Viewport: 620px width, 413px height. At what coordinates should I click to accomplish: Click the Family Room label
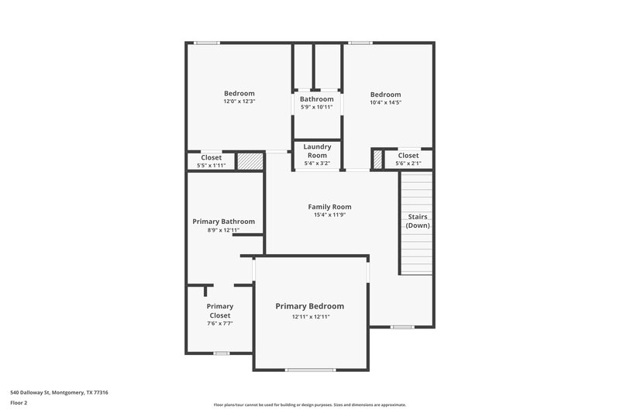pos(329,207)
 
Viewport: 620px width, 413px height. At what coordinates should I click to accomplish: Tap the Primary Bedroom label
pos(310,306)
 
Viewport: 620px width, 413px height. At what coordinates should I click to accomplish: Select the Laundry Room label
pos(317,150)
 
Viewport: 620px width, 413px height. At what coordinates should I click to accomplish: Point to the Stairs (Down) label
pos(418,221)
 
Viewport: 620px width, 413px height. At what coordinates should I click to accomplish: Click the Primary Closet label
pos(219,311)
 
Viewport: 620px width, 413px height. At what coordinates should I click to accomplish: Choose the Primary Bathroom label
pos(223,222)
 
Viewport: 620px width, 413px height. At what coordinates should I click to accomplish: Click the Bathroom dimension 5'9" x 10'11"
pos(316,107)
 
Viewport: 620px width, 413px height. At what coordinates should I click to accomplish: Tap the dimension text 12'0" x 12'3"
pos(239,102)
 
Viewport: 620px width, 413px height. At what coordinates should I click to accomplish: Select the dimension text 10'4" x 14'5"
pos(385,102)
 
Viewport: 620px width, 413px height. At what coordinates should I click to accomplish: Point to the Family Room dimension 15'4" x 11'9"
pos(329,215)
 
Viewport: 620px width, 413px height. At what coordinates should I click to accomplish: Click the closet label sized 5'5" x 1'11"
pos(211,158)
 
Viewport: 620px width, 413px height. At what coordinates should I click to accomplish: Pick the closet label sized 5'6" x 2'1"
pos(408,156)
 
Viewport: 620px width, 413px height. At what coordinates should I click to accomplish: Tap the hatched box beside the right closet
pos(377,159)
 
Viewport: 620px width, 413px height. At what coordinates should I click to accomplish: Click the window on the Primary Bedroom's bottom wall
pos(310,370)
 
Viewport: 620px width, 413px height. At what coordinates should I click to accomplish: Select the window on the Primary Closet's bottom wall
pos(221,353)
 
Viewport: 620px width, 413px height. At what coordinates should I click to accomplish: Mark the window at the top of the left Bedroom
pos(206,43)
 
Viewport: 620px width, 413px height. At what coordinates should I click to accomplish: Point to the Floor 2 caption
pos(20,403)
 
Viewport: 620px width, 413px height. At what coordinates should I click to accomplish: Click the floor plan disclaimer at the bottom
pos(310,404)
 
